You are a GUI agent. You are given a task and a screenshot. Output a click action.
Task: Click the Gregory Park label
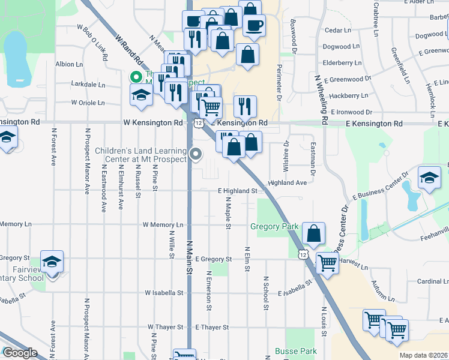[274, 226]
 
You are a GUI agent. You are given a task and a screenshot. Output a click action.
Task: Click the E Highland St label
[237, 191]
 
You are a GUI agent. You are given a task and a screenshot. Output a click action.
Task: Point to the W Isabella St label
[164, 293]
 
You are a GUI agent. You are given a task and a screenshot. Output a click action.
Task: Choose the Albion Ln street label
[68, 64]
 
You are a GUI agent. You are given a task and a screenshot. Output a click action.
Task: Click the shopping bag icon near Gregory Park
[313, 232]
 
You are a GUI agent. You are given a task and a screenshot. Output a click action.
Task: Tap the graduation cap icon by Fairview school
[52, 261]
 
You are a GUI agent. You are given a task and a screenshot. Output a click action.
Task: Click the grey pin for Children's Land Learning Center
[196, 154]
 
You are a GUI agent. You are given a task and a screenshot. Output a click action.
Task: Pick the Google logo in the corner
[20, 353]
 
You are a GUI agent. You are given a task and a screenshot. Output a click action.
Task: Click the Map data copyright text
[423, 355]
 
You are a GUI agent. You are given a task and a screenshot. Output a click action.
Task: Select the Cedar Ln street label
[337, 30]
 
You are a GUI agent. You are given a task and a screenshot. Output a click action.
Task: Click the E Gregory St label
[213, 259]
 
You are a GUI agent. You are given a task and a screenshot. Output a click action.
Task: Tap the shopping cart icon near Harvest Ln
[327, 262]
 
